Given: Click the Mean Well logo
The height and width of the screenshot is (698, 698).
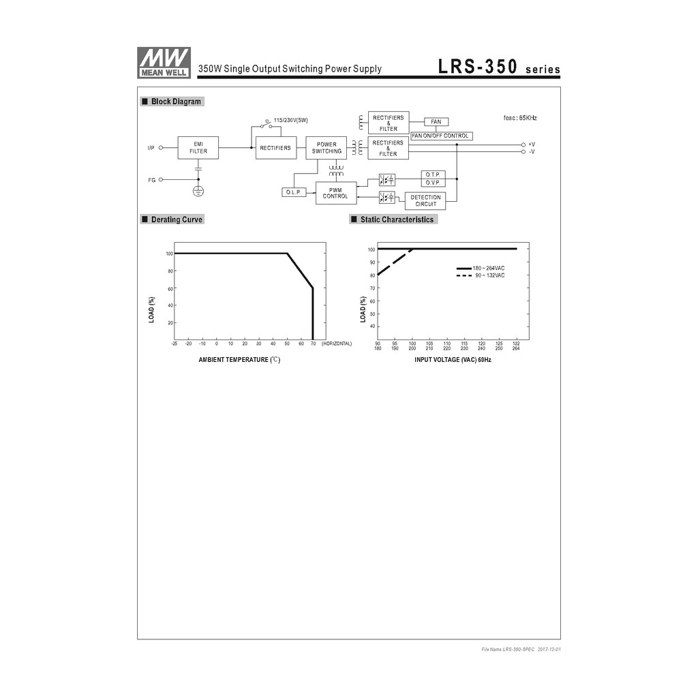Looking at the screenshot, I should coord(164,63).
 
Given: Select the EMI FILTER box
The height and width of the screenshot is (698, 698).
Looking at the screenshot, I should coord(198,148).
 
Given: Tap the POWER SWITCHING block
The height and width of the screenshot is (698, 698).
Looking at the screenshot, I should coord(327,148).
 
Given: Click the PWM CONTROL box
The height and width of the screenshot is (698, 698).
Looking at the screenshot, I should coord(335,193).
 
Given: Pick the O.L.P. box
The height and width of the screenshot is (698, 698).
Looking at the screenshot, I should coord(294,192).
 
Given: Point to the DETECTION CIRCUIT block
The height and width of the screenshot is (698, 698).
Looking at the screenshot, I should coord(425,201).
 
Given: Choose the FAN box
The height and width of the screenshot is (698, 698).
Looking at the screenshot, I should coord(436,122).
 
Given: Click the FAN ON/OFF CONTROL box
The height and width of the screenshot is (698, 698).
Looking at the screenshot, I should coord(440,136).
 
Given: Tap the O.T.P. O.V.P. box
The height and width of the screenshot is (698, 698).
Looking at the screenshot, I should coord(433,179).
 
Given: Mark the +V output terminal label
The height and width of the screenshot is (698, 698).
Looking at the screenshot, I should coord(531,145).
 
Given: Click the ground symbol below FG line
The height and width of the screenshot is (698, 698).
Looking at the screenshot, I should coord(198,192).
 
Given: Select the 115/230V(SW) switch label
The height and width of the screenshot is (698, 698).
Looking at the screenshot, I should coord(290,121).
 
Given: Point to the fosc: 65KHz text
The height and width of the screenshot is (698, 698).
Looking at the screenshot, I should coord(519,118).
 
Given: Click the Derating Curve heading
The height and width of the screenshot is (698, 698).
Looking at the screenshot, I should coord(176,219).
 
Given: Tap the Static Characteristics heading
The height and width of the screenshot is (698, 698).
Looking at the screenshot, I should coord(396,219).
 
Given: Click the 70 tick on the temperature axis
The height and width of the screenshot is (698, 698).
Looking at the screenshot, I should coord(313,344).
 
